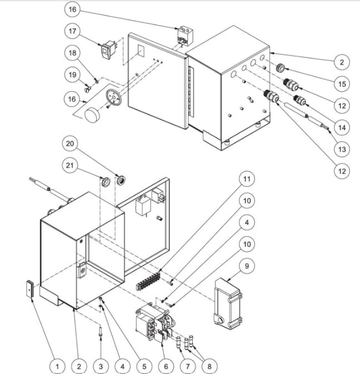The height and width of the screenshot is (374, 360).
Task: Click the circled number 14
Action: (x=342, y=127)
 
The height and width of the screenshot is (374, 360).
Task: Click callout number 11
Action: (x=247, y=179)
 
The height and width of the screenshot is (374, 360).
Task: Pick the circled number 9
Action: (x=247, y=266)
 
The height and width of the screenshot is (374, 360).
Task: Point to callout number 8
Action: (x=211, y=366)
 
